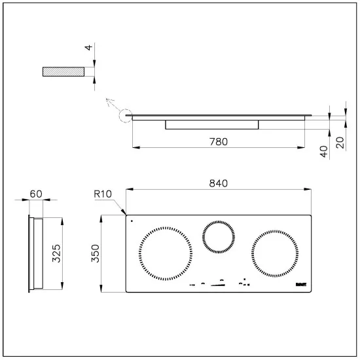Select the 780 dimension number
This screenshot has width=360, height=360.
(x=218, y=142)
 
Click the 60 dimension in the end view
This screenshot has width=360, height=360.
(x=37, y=194)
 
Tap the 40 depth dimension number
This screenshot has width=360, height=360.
(x=323, y=151)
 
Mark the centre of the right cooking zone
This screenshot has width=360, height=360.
(x=274, y=253)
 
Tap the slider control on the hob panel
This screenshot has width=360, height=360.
(x=221, y=283)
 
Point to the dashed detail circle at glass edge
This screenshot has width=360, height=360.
(x=124, y=118)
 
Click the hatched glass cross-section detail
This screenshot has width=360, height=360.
(x=64, y=72)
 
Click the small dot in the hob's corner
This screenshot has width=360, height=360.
(x=132, y=221)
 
